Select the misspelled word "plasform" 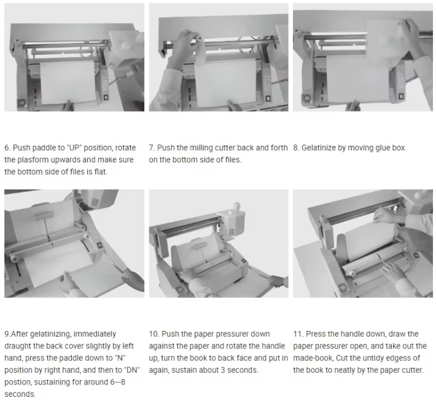point(34,160)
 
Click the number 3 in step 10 point(236,370)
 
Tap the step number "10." point(155,334)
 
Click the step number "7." point(152,148)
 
